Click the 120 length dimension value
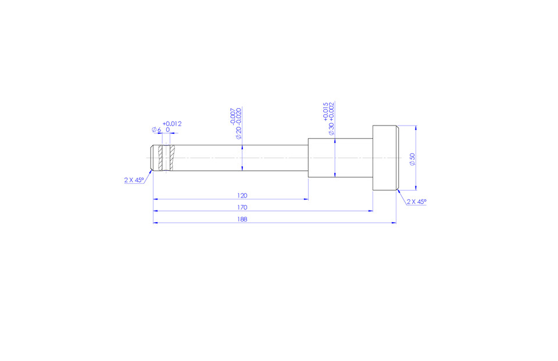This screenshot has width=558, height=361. tap(242, 195)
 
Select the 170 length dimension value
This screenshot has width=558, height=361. tap(242, 207)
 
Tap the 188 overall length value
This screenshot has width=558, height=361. tap(242, 219)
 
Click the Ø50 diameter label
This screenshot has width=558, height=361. tap(412, 159)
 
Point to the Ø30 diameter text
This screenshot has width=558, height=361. tap(331, 129)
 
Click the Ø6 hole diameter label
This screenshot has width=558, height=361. tap(156, 130)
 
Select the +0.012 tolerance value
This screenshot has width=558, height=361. tap(172, 123)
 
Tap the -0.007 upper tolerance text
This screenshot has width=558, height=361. tap(233, 116)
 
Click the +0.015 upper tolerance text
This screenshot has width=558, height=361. tap(325, 110)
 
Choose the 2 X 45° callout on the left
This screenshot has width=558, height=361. tap(134, 180)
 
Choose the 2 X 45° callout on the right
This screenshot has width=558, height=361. tap(416, 202)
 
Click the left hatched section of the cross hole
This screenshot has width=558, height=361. tap(161, 158)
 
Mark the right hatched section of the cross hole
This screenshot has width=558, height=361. tap(170, 158)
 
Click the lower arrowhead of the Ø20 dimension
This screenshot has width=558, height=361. tap(242, 168)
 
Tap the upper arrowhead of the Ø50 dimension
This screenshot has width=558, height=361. tap(416, 128)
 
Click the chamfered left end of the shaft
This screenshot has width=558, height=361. tap(153, 158)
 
